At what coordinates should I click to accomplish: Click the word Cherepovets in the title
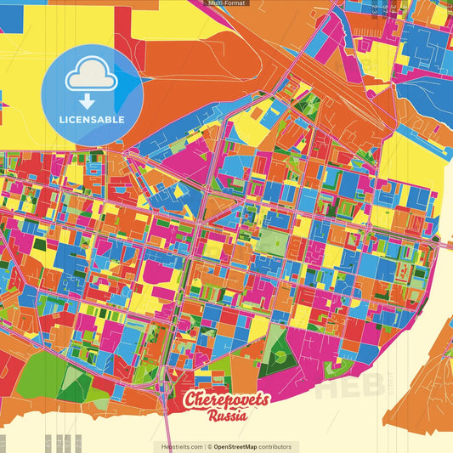227,401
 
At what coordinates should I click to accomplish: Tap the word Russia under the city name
228,416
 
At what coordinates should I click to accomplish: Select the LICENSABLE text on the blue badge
92,120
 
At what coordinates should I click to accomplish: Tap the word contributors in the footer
275,446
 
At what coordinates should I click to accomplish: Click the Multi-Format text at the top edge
226,3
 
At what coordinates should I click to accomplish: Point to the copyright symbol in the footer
209,446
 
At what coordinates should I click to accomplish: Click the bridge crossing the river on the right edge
444,243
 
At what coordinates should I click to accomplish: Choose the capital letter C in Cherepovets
195,400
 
